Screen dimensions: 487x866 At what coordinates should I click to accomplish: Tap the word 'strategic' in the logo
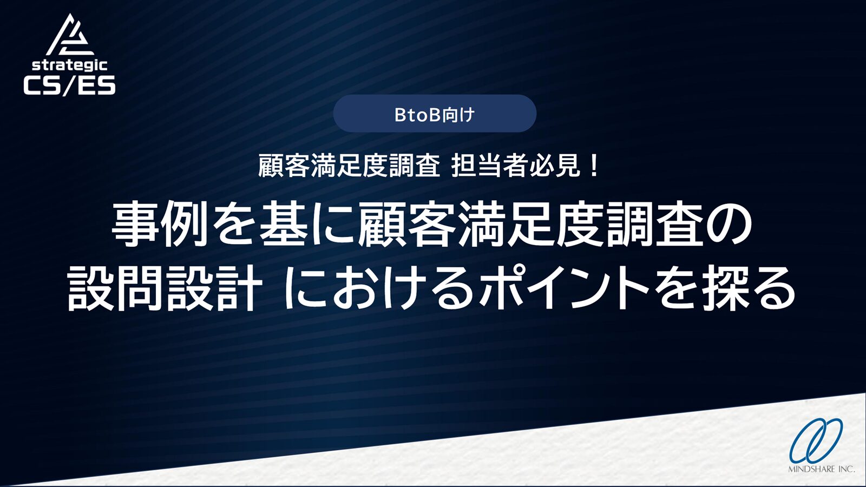[69, 65]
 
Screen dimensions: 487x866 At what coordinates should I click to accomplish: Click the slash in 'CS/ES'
[70, 85]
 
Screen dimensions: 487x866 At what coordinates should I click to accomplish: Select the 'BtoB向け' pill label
[435, 114]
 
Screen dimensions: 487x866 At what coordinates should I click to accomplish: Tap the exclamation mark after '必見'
[594, 166]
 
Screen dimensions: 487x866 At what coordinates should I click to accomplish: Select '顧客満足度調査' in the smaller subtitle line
[349, 166]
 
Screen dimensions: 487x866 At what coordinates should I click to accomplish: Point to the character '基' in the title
[284, 224]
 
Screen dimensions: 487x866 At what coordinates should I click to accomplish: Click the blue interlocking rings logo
[816, 440]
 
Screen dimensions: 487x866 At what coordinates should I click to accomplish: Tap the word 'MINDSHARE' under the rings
[811, 469]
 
